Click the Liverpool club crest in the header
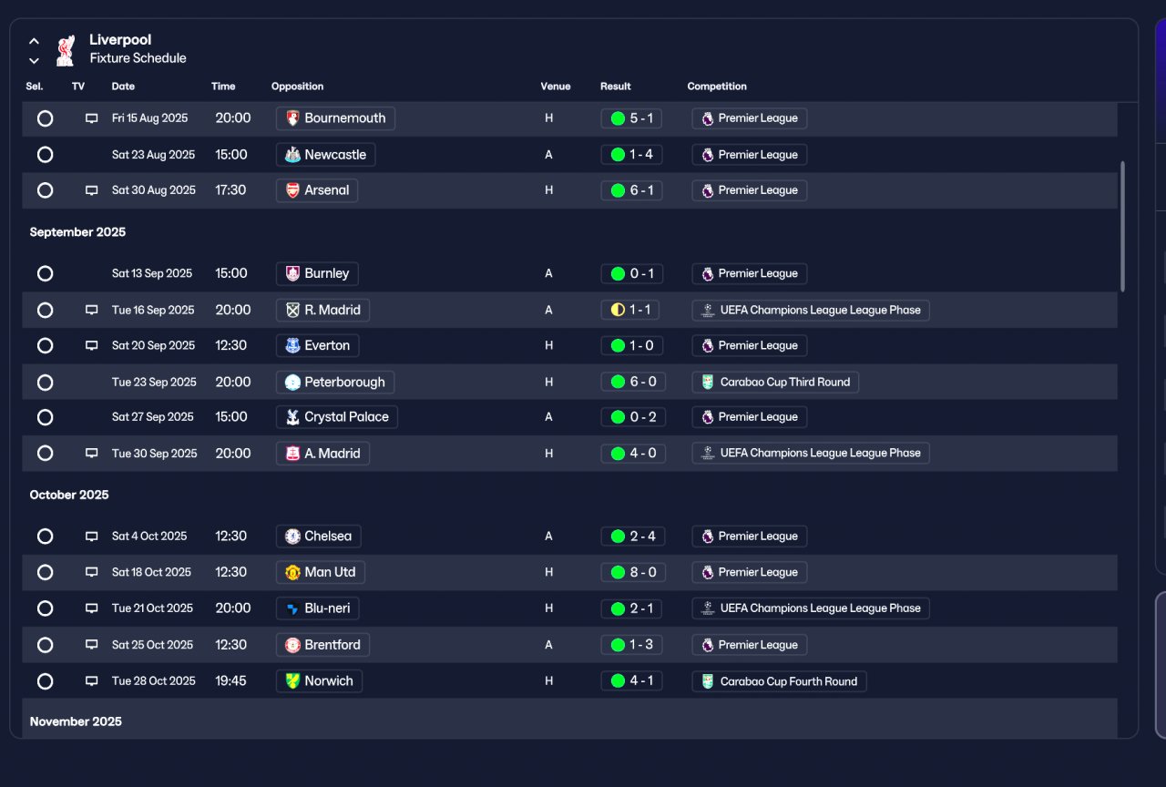click(x=66, y=50)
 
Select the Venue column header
click(x=556, y=87)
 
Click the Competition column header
click(x=717, y=87)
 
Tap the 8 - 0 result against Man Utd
click(x=633, y=572)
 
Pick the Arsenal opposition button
click(x=317, y=190)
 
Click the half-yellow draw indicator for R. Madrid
click(x=618, y=311)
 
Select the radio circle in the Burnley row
click(x=46, y=274)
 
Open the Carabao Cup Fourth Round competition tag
click(x=779, y=681)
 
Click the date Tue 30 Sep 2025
click(x=155, y=454)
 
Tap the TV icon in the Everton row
click(x=92, y=345)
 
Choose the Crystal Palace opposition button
click(x=337, y=417)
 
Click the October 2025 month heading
click(x=69, y=495)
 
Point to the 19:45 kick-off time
click(x=231, y=680)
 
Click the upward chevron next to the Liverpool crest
click(x=34, y=41)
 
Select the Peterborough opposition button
click(x=335, y=382)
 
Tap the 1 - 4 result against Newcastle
click(x=632, y=155)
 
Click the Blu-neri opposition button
click(x=318, y=608)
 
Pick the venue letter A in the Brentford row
click(x=548, y=645)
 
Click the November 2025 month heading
click(x=76, y=721)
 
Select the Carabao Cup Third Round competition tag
click(x=775, y=382)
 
